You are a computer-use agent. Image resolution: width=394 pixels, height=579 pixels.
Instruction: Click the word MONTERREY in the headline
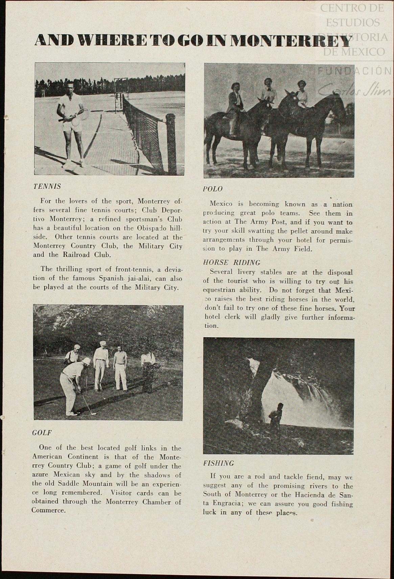pos(292,41)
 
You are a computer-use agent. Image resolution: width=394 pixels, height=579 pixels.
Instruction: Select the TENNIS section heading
pos(47,186)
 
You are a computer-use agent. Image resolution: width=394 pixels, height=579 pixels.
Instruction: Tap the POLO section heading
pos(213,189)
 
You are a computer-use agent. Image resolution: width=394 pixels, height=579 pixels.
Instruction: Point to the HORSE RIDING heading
pos(232,262)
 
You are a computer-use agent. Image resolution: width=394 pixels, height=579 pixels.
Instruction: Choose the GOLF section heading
pos(42,433)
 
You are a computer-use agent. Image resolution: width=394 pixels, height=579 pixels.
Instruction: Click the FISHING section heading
pos(218,463)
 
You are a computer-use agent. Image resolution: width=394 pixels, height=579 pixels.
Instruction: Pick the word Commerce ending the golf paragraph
pos(48,510)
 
